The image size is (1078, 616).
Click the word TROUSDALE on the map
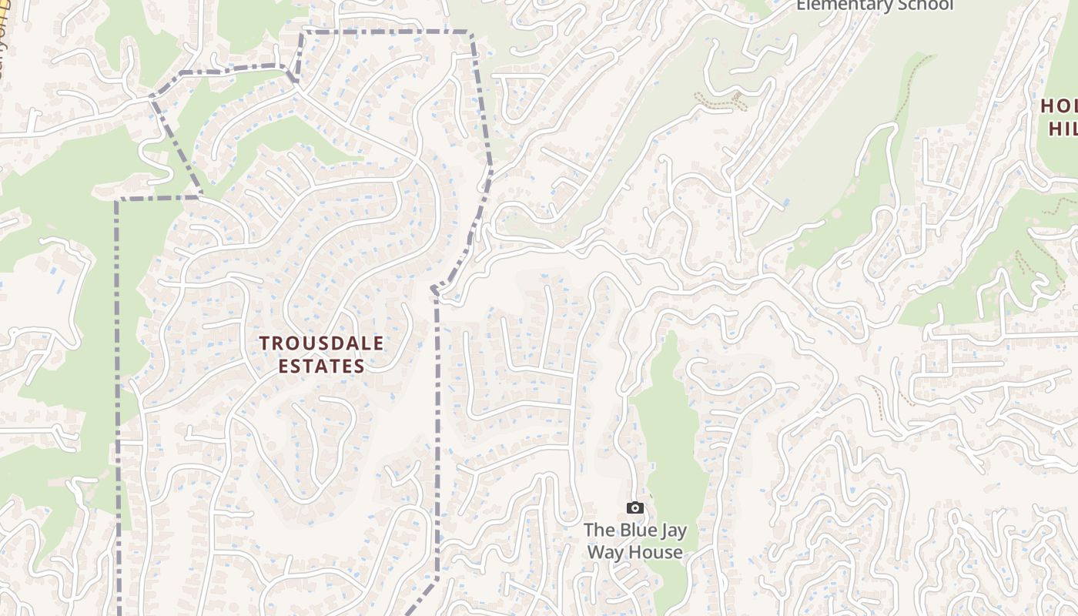(321, 343)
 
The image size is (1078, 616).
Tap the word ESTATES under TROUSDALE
(321, 367)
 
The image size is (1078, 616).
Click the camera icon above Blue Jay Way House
(635, 507)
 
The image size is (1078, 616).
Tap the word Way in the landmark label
(605, 552)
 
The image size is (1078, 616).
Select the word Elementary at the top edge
(842, 5)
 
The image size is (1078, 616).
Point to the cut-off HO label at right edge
(1060, 105)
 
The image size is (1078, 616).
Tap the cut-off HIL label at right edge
(1063, 128)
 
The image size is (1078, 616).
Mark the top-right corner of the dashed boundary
(469, 32)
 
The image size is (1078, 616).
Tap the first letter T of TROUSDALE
(264, 343)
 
